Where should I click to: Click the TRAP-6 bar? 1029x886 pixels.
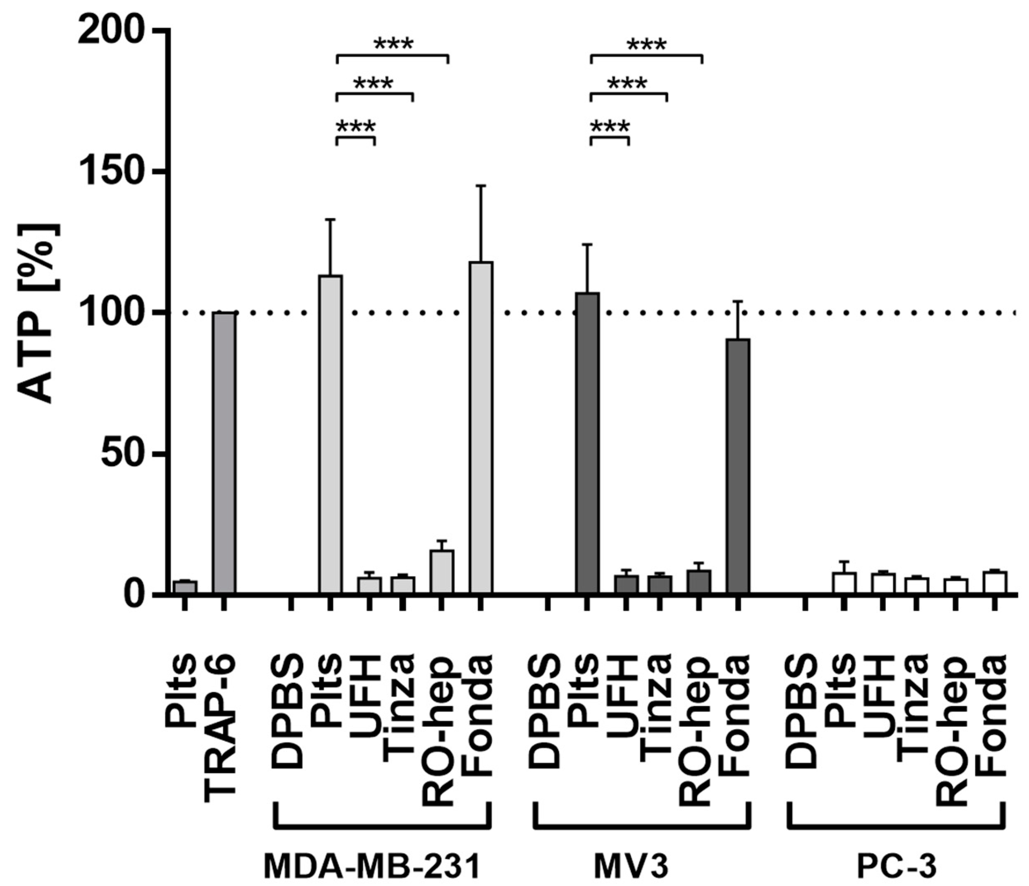[224, 453]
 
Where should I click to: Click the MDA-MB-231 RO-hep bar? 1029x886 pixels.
[441, 571]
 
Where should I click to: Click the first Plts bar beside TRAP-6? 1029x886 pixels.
[185, 587]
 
